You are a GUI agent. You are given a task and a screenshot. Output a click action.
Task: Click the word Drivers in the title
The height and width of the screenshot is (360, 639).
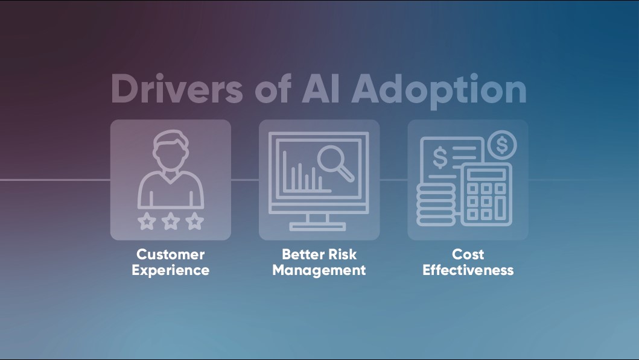click(x=177, y=89)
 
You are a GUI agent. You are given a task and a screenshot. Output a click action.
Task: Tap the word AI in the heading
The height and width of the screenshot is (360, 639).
click(x=321, y=89)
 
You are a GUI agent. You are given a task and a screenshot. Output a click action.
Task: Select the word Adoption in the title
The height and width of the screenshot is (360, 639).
click(x=439, y=91)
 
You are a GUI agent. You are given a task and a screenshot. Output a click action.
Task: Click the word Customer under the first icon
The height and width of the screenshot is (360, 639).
click(x=170, y=254)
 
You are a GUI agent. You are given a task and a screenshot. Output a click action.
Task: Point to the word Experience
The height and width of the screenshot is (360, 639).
click(x=170, y=270)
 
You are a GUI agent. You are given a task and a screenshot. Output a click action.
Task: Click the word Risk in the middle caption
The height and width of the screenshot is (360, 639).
click(x=342, y=254)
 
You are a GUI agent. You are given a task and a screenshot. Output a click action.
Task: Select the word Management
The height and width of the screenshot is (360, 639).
click(x=319, y=270)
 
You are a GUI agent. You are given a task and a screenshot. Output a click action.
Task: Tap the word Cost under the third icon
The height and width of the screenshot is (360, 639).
click(x=468, y=254)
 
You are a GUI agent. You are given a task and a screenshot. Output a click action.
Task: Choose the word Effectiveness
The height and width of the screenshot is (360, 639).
click(x=468, y=270)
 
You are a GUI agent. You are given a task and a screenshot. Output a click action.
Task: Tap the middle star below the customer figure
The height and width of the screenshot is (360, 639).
click(x=171, y=221)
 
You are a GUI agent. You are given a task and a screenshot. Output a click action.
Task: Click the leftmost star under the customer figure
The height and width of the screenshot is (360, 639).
click(x=147, y=221)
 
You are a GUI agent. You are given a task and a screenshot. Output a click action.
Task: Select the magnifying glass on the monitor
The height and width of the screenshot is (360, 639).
click(x=335, y=162)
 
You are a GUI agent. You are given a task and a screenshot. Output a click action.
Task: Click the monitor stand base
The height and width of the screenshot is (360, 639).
click(x=317, y=226)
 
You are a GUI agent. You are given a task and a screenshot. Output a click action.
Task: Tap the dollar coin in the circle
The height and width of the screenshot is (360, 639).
click(x=502, y=145)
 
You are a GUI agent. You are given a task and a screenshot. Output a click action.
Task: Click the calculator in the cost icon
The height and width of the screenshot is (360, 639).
click(x=486, y=194)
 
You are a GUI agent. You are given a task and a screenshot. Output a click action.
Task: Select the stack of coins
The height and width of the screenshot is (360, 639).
click(x=436, y=204)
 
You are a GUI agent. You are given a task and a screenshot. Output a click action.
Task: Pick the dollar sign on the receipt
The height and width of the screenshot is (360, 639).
click(x=440, y=157)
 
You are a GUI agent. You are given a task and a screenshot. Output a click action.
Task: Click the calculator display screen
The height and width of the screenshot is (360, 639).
click(x=486, y=175)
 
